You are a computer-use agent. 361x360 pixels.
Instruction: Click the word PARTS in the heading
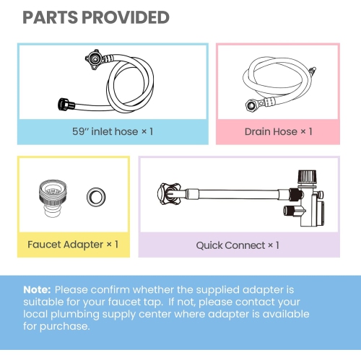(51, 17)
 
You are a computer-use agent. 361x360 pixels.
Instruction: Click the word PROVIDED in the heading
(126, 17)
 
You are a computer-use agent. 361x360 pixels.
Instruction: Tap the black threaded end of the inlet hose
(64, 104)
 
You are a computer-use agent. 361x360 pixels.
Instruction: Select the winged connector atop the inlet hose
(94, 59)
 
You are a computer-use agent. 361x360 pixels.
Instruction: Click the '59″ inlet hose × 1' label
(113, 131)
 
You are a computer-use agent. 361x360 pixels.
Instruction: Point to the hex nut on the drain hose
(251, 105)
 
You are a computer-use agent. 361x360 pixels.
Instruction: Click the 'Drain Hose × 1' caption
(278, 131)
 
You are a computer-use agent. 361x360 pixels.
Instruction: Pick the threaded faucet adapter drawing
(53, 198)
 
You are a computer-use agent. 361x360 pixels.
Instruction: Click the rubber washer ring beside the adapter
(96, 197)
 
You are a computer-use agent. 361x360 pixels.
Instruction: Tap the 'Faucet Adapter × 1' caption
(73, 245)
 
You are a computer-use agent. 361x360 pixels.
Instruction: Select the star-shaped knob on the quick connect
(168, 193)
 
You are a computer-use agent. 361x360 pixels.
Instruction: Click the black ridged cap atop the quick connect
(307, 177)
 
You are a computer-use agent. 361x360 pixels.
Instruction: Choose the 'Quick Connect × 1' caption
(238, 245)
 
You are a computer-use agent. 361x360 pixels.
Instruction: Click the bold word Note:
(37, 289)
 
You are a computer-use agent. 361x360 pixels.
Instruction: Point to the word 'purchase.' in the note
(64, 327)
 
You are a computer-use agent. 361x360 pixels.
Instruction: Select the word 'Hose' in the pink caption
(287, 131)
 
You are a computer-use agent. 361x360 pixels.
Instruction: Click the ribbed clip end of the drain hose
(313, 71)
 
